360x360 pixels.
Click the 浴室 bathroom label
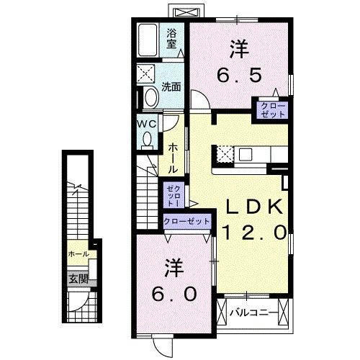172,38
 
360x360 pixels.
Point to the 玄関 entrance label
78,279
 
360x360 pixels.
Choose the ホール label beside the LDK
173,157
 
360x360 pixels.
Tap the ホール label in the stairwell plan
78,255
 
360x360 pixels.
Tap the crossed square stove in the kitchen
222,154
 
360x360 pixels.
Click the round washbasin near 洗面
150,97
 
